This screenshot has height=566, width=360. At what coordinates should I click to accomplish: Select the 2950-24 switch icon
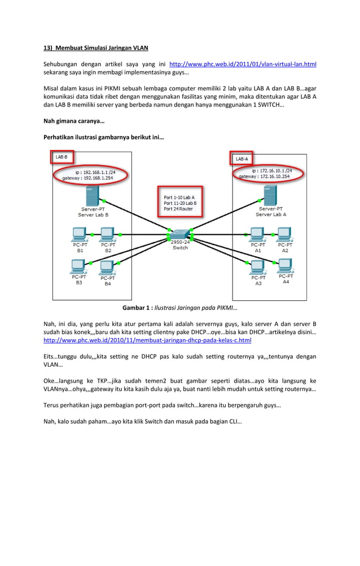click(x=180, y=232)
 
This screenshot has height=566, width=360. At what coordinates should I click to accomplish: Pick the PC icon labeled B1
click(x=80, y=234)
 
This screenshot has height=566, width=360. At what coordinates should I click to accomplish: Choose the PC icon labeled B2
click(x=107, y=234)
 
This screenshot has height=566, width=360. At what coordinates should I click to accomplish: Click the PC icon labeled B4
click(x=107, y=266)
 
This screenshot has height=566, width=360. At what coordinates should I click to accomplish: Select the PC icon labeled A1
click(x=257, y=234)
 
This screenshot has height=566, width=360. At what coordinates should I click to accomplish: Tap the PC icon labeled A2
click(x=284, y=234)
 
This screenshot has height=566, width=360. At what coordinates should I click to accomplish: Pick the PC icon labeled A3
click(x=257, y=266)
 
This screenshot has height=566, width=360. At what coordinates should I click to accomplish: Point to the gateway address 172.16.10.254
click(x=275, y=176)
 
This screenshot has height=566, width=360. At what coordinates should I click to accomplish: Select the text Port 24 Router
click(x=178, y=209)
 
